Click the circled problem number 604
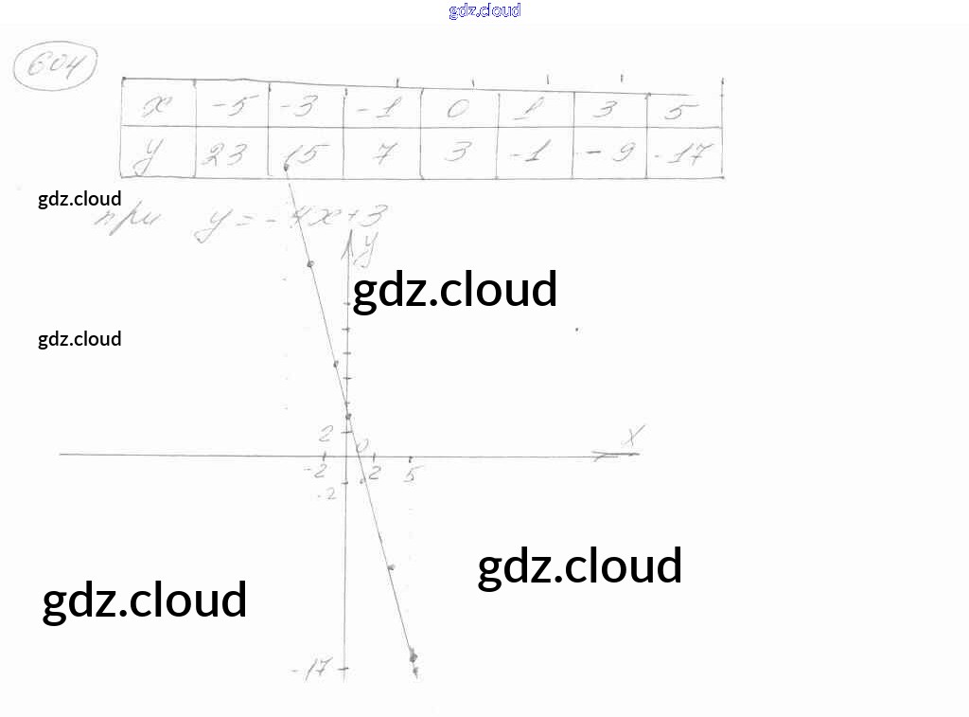pyautogui.click(x=56, y=67)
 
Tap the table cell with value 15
pyautogui.click(x=306, y=153)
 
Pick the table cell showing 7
pyautogui.click(x=381, y=153)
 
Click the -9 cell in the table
pyautogui.click(x=609, y=153)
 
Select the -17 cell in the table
pyautogui.click(x=685, y=153)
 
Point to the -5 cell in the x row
pyautogui.click(x=231, y=110)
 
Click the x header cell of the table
pyautogui.click(x=159, y=110)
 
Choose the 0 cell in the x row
pyautogui.click(x=458, y=110)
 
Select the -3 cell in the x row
pyautogui.click(x=306, y=110)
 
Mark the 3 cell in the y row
pyautogui.click(x=458, y=153)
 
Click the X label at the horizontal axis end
pyautogui.click(x=633, y=436)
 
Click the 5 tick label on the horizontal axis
pyautogui.click(x=410, y=475)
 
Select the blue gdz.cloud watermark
pyautogui.click(x=484, y=11)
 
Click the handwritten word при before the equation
pyautogui.click(x=131, y=224)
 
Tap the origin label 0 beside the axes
pyautogui.click(x=361, y=443)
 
